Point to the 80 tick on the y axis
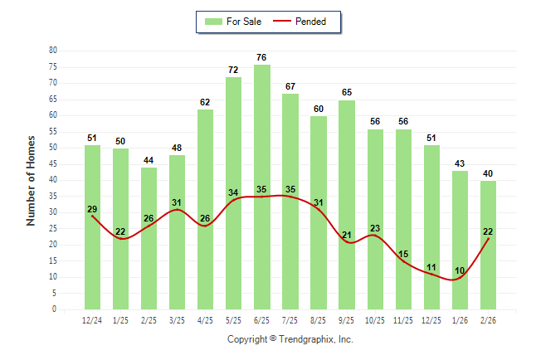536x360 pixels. tap(53, 51)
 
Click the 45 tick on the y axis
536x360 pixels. tap(53, 163)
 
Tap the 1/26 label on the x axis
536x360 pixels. tap(460, 321)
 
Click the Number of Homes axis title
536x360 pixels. tap(32, 180)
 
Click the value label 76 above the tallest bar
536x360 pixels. tap(262, 57)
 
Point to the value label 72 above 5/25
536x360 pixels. tap(234, 71)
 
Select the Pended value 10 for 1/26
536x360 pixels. tap(460, 270)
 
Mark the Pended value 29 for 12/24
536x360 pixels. tap(92, 209)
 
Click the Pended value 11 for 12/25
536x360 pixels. tap(432, 267)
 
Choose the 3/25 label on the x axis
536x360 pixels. tap(178, 321)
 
